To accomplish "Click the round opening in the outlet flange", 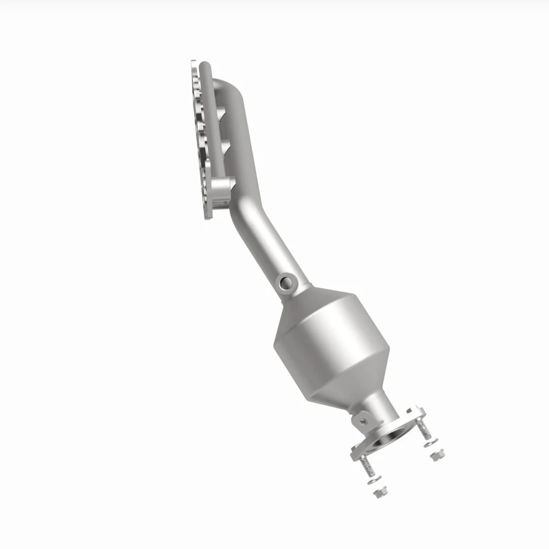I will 395,436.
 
